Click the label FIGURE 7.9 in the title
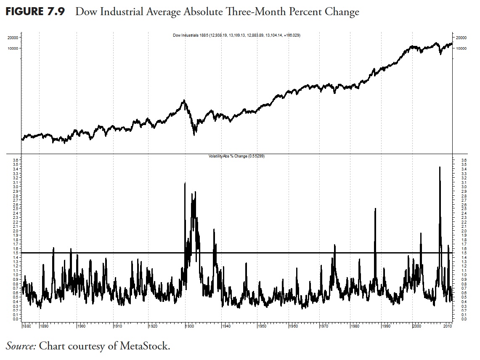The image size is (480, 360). click(35, 11)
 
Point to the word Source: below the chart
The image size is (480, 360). click(21, 347)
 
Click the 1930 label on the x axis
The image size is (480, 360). click(189, 326)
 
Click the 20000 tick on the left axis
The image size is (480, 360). click(13, 37)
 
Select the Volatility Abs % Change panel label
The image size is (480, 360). click(236, 156)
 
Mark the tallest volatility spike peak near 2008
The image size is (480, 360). click(440, 167)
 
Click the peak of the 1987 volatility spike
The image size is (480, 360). click(375, 208)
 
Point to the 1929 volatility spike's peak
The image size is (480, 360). click(185, 183)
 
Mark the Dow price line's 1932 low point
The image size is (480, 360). click(194, 135)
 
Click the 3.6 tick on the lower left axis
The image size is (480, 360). click(15, 160)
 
